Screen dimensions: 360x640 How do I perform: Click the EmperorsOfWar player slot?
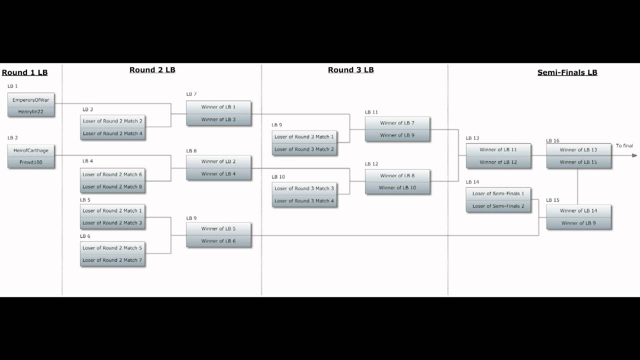coord(31,100)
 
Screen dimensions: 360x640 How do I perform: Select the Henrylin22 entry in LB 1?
coord(31,111)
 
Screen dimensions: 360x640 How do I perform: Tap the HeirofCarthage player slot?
coord(31,150)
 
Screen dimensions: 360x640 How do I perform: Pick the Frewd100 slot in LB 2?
coord(31,162)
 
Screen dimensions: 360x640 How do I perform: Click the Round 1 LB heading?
coord(24,72)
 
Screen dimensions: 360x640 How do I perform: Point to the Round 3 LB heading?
coord(350,70)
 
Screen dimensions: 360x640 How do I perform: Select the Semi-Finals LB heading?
coord(567,72)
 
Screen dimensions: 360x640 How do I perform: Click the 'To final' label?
coord(624,146)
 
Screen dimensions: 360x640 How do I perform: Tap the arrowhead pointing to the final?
coord(634,155)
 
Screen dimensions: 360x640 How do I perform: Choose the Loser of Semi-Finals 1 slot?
coord(498,193)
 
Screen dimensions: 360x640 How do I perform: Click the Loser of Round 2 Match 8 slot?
coord(112,186)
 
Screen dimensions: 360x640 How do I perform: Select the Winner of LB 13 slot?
coord(578,150)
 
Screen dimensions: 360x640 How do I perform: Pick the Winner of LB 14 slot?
coord(578,210)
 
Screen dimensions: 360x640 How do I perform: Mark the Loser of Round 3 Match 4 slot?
coord(304,201)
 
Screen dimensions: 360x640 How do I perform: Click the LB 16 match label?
coord(552,141)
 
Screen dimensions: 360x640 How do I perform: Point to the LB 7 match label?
coord(191,94)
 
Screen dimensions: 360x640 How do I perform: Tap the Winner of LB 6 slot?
coord(218,241)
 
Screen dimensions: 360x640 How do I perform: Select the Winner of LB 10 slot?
coord(397,188)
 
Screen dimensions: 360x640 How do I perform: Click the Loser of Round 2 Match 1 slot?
coord(112,210)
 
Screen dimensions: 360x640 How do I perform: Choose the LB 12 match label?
coord(371,164)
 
